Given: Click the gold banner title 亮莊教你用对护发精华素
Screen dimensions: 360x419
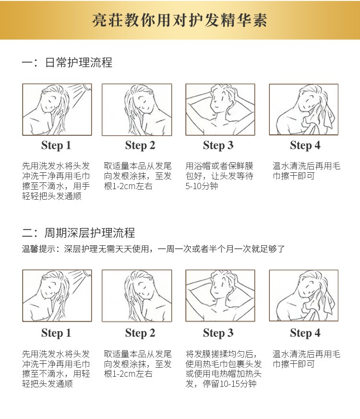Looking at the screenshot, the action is click(x=180, y=20).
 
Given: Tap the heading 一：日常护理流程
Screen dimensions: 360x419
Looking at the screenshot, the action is click(x=67, y=62).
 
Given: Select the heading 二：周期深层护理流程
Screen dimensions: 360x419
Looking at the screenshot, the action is click(x=78, y=233).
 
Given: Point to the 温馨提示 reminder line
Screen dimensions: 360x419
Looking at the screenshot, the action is click(x=153, y=249).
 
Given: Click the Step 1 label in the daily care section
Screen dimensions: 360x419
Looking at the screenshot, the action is click(x=56, y=145).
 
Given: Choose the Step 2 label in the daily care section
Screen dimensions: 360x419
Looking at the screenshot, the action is click(x=140, y=145).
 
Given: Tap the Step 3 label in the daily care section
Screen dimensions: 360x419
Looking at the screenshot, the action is click(x=218, y=145).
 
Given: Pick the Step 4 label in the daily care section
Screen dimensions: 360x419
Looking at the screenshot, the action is click(x=305, y=145).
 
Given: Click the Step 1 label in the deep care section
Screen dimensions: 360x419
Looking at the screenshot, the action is click(x=56, y=333).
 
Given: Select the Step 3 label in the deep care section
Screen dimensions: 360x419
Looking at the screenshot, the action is click(x=218, y=333).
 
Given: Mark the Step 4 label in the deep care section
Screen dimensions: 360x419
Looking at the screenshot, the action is click(x=305, y=333).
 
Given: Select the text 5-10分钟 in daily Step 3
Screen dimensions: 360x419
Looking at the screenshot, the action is click(x=202, y=186).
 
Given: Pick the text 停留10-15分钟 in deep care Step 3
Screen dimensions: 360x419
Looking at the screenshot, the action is click(x=229, y=384).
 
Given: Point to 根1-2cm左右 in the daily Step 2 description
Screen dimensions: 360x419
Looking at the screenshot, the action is click(x=128, y=186).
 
